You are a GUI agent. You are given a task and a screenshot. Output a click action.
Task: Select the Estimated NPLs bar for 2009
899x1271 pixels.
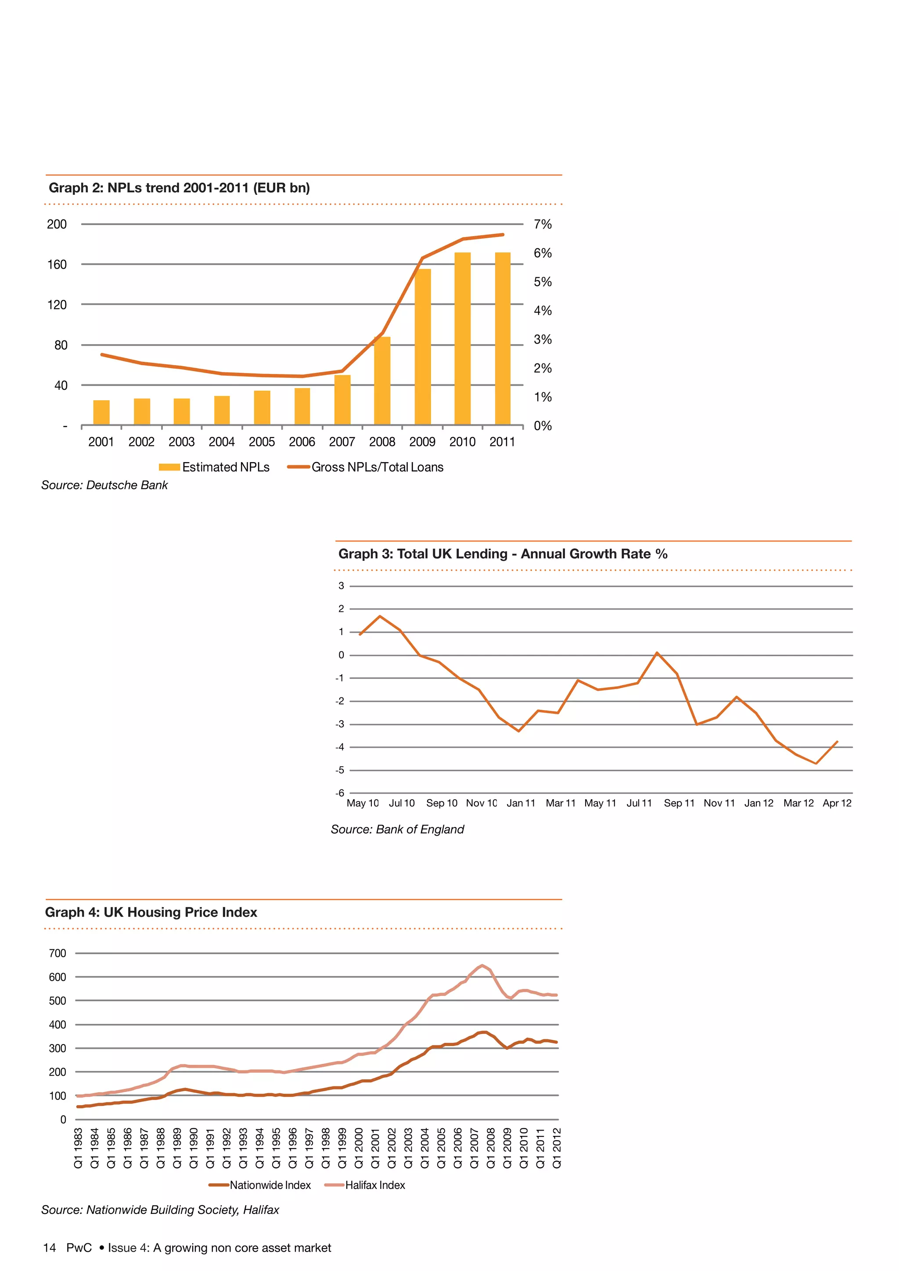[x=422, y=347]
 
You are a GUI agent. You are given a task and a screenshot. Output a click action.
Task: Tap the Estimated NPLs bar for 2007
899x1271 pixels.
[x=342, y=400]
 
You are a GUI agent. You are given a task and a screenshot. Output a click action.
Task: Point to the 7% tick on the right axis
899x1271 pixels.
[x=543, y=224]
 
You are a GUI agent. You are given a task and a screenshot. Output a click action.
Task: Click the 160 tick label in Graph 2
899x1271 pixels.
[x=57, y=265]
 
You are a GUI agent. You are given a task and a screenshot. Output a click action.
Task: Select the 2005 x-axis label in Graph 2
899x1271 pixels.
[x=262, y=442]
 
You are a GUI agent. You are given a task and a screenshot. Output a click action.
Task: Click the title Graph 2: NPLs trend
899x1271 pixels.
[x=180, y=188]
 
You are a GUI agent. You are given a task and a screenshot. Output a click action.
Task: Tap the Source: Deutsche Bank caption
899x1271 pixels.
[x=104, y=485]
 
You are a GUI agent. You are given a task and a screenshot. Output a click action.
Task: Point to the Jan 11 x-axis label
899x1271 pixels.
[x=521, y=803]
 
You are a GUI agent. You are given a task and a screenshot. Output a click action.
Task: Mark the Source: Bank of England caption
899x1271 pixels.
[x=397, y=829]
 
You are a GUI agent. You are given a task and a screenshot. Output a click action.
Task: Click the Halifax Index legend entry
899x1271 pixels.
[x=375, y=1185]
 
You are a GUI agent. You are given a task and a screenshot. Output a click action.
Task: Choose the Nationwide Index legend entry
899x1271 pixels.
[x=270, y=1185]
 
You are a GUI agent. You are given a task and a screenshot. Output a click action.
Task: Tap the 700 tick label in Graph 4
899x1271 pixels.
[x=57, y=953]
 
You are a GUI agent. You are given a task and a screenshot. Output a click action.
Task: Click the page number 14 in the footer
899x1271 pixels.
[x=49, y=1248]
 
